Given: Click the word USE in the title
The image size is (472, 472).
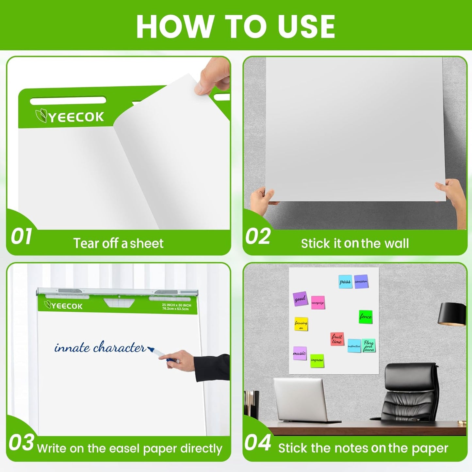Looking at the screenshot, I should pyautogui.click(x=306, y=26).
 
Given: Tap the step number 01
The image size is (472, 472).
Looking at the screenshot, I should pyautogui.click(x=22, y=236).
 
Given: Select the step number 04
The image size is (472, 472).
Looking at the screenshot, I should pyautogui.click(x=258, y=443).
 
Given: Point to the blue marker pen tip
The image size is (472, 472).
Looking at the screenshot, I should pyautogui.click(x=151, y=349).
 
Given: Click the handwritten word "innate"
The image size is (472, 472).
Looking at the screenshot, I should pyautogui.click(x=72, y=348).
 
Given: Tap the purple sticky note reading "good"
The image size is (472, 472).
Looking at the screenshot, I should pyautogui.click(x=300, y=299).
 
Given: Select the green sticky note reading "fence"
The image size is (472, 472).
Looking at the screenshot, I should pyautogui.click(x=366, y=317).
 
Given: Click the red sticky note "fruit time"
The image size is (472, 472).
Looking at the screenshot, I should pyautogui.click(x=337, y=339).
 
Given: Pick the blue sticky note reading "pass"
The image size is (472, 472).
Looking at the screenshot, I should pyautogui.click(x=345, y=282).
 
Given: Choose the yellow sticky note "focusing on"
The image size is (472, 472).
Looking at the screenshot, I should pyautogui.click(x=301, y=324).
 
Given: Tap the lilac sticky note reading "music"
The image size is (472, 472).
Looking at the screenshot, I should pyautogui.click(x=300, y=353).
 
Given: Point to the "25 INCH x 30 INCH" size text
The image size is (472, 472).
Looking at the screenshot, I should pyautogui.click(x=176, y=305).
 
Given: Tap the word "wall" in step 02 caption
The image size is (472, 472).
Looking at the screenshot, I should pyautogui.click(x=396, y=243).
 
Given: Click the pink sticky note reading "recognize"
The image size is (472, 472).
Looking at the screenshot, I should pyautogui.click(x=317, y=302).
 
